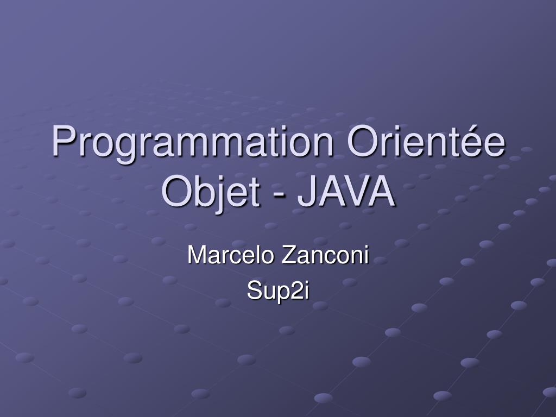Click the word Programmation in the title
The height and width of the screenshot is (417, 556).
coord(194,142)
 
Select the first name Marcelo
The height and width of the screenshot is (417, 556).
coord(231,255)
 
